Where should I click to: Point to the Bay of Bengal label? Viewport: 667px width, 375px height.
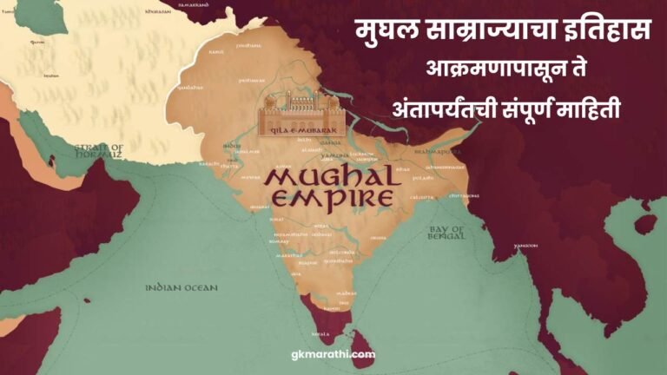click(x=447, y=233)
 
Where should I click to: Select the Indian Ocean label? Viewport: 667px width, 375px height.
click(x=181, y=286)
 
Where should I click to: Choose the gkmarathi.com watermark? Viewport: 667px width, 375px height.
click(x=333, y=354)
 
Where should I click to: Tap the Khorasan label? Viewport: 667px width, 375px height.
click(x=157, y=10)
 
